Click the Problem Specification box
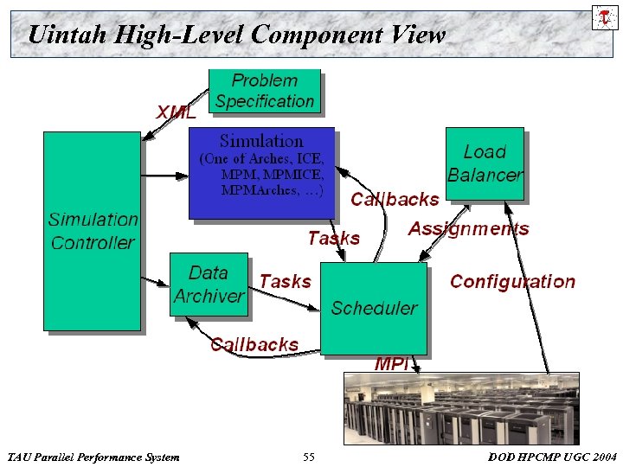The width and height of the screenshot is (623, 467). coord(265,91)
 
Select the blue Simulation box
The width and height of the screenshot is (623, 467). coord(261,173)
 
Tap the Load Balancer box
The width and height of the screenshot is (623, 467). coord(485,163)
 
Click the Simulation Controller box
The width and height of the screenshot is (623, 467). coord(92,231)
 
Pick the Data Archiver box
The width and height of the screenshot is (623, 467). coord(209,285)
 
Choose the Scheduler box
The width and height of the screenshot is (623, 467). coord(374,308)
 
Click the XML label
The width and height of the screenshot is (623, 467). coord(177,112)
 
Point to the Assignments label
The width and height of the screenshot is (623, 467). coord(468,229)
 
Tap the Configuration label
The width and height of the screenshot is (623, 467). coord(512,281)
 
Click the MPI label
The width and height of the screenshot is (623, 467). coord(391,364)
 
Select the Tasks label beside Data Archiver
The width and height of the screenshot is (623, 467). coord(285,281)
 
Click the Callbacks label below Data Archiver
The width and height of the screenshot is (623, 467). coord(254,344)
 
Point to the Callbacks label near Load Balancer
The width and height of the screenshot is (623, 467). coord(395,199)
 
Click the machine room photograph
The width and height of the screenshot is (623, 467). coord(461,408)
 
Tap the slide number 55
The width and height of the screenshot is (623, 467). coord(309,457)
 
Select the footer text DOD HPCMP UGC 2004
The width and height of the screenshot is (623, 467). coord(552,457)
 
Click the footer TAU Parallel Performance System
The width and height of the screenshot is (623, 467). coord(93,457)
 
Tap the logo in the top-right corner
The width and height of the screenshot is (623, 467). coord(604,17)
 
